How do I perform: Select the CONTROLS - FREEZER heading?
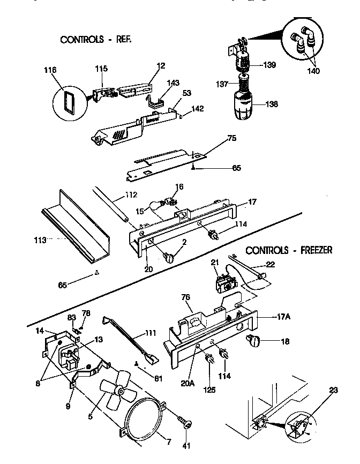[x=289, y=250]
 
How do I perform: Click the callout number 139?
[x=269, y=65]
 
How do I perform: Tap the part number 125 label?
[x=209, y=390]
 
